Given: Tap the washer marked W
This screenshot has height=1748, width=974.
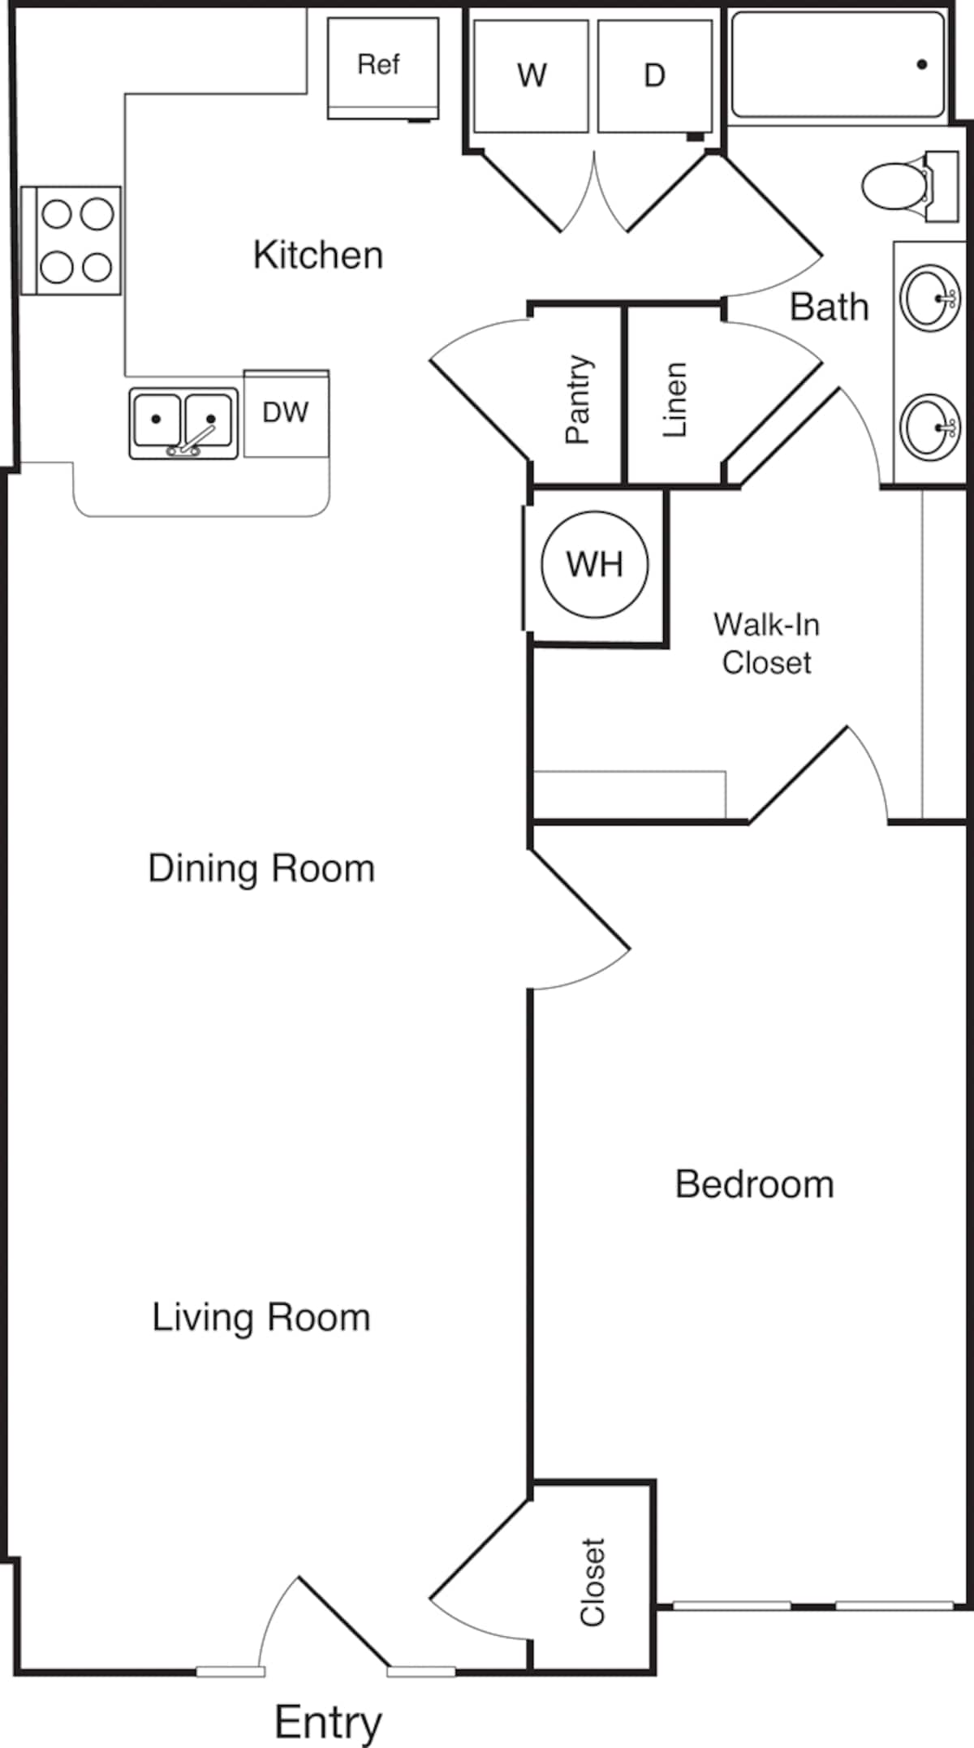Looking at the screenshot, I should pyautogui.click(x=531, y=76).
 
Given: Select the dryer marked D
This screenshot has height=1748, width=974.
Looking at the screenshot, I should pyautogui.click(x=654, y=76).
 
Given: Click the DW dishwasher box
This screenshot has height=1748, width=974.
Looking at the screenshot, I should pyautogui.click(x=286, y=413).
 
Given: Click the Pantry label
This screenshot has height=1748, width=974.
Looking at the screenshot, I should pyautogui.click(x=578, y=399).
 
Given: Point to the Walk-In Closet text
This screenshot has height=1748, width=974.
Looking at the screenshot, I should pyautogui.click(x=766, y=644).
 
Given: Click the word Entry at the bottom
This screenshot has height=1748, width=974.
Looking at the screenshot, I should pyautogui.click(x=328, y=1721).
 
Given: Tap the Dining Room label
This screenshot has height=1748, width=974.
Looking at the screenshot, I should pyautogui.click(x=261, y=869).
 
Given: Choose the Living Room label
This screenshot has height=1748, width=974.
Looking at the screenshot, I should pyautogui.click(x=261, y=1317).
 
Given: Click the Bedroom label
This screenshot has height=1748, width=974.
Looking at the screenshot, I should pyautogui.click(x=754, y=1185).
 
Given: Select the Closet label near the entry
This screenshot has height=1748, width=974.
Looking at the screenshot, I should pyautogui.click(x=593, y=1582).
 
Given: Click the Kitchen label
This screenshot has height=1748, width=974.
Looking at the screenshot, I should pyautogui.click(x=318, y=256).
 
